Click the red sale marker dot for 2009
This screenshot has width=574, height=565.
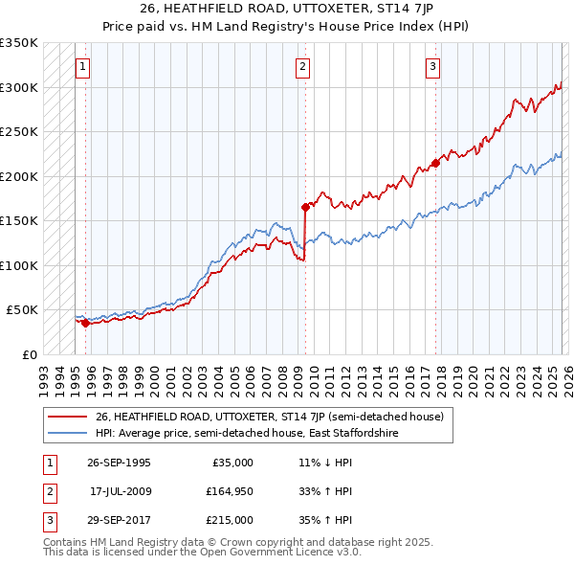click(x=305, y=207)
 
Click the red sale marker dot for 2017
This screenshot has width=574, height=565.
click(x=435, y=163)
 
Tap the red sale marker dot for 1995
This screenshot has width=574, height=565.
click(x=85, y=323)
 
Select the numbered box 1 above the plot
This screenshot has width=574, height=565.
click(x=84, y=67)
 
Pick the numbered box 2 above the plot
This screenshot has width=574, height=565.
click(x=302, y=67)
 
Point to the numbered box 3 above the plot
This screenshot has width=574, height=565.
click(x=432, y=67)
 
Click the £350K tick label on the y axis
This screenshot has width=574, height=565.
click(x=19, y=43)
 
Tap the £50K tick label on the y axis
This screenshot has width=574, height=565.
click(x=22, y=310)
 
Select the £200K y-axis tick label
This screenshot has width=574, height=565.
click(x=19, y=176)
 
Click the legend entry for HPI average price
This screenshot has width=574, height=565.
click(x=246, y=434)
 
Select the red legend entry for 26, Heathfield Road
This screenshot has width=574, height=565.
click(x=269, y=418)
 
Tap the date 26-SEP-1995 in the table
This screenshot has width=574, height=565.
click(x=119, y=463)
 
